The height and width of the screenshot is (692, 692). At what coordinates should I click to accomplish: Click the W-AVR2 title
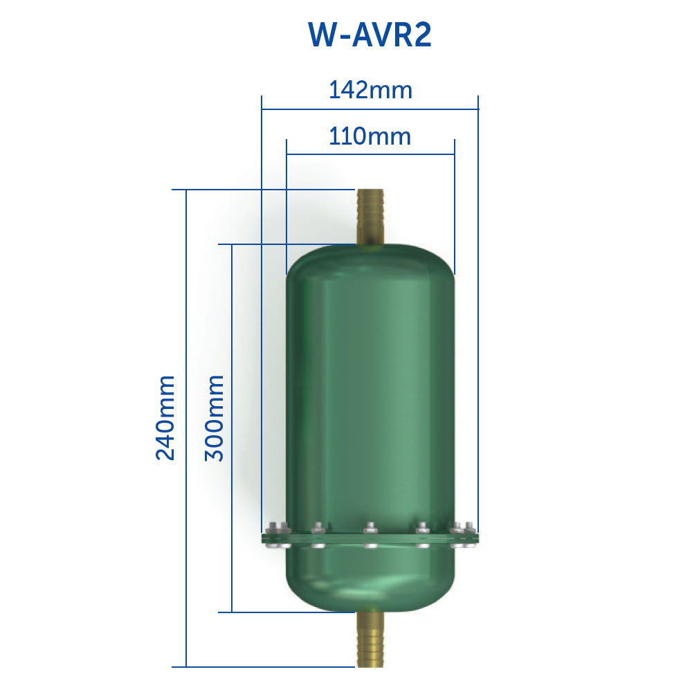[370, 35]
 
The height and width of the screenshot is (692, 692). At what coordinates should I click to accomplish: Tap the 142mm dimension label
[371, 90]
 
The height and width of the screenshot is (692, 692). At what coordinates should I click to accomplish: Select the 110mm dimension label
[370, 136]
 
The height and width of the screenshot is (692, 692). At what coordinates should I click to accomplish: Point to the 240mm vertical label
[165, 418]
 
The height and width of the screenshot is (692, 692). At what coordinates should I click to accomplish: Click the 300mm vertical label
[214, 418]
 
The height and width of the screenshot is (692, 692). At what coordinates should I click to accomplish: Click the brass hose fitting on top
[370, 216]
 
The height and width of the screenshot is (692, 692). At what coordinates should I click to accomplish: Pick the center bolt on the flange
[370, 535]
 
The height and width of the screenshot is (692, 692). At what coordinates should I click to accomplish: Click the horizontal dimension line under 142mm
[370, 109]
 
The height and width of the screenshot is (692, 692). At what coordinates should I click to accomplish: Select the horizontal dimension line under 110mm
[370, 154]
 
